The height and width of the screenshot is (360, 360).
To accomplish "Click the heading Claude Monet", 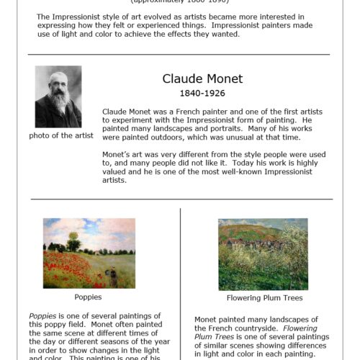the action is [x=202, y=78].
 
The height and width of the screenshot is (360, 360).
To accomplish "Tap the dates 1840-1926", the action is [x=202, y=94].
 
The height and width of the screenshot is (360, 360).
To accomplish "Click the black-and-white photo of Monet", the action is [x=58, y=96].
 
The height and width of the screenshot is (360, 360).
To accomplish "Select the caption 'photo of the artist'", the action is [x=58, y=135].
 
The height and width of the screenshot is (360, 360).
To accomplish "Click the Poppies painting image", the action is [x=89, y=253].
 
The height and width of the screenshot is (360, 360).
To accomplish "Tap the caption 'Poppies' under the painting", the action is [x=88, y=296].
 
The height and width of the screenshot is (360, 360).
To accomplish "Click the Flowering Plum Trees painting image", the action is [x=262, y=254].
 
